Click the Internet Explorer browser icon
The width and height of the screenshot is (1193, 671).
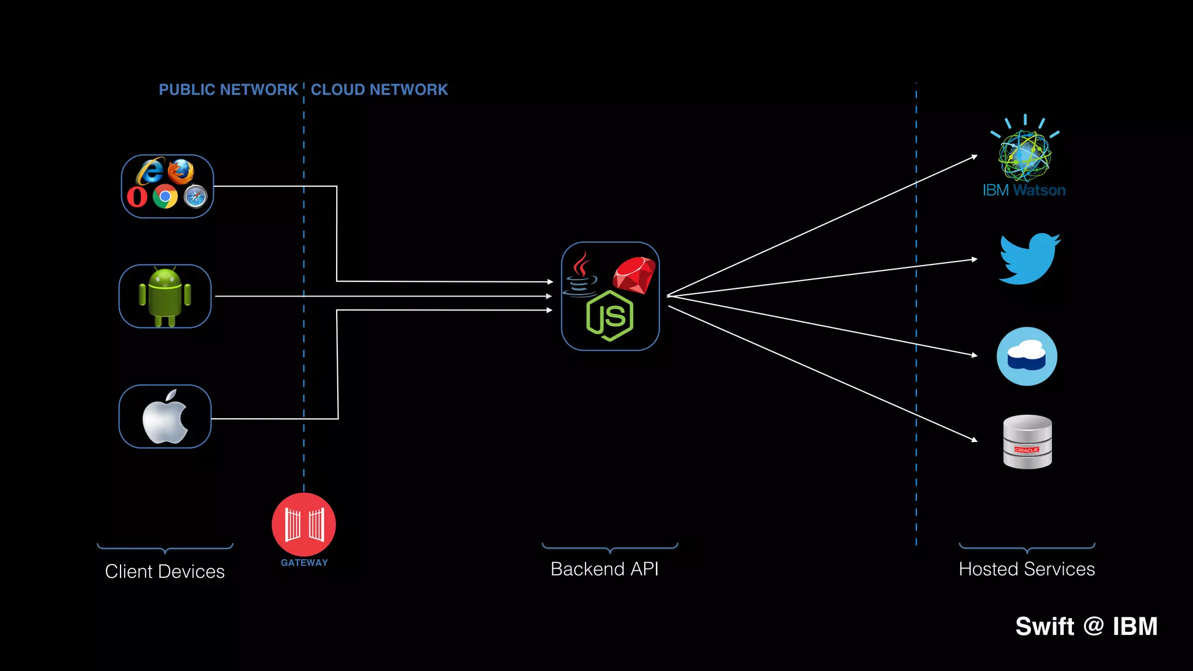(150, 171)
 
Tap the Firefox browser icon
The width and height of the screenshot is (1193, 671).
(181, 171)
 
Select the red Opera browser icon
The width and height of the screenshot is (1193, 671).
(137, 197)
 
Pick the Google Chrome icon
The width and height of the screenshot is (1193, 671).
(165, 197)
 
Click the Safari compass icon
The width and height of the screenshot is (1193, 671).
(195, 197)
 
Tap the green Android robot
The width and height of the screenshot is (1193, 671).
(165, 296)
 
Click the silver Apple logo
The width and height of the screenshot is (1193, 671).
(165, 417)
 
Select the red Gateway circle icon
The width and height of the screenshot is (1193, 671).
(303, 524)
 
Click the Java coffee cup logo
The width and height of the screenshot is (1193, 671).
(580, 275)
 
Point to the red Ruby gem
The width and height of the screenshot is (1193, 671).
(634, 275)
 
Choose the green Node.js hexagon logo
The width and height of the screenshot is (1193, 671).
(610, 316)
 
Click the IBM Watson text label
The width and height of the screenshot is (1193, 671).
(1024, 190)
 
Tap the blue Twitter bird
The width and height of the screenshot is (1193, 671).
(1029, 259)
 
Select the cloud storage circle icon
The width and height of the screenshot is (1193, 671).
(1027, 356)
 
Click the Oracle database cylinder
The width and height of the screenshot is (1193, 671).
(1028, 442)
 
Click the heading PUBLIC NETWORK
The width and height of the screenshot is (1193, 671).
(228, 90)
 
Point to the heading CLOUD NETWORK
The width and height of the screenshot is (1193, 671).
(379, 90)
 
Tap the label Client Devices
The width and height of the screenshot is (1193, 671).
(165, 571)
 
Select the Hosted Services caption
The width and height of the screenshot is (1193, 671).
(1026, 569)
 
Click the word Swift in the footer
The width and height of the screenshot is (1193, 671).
(1044, 627)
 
